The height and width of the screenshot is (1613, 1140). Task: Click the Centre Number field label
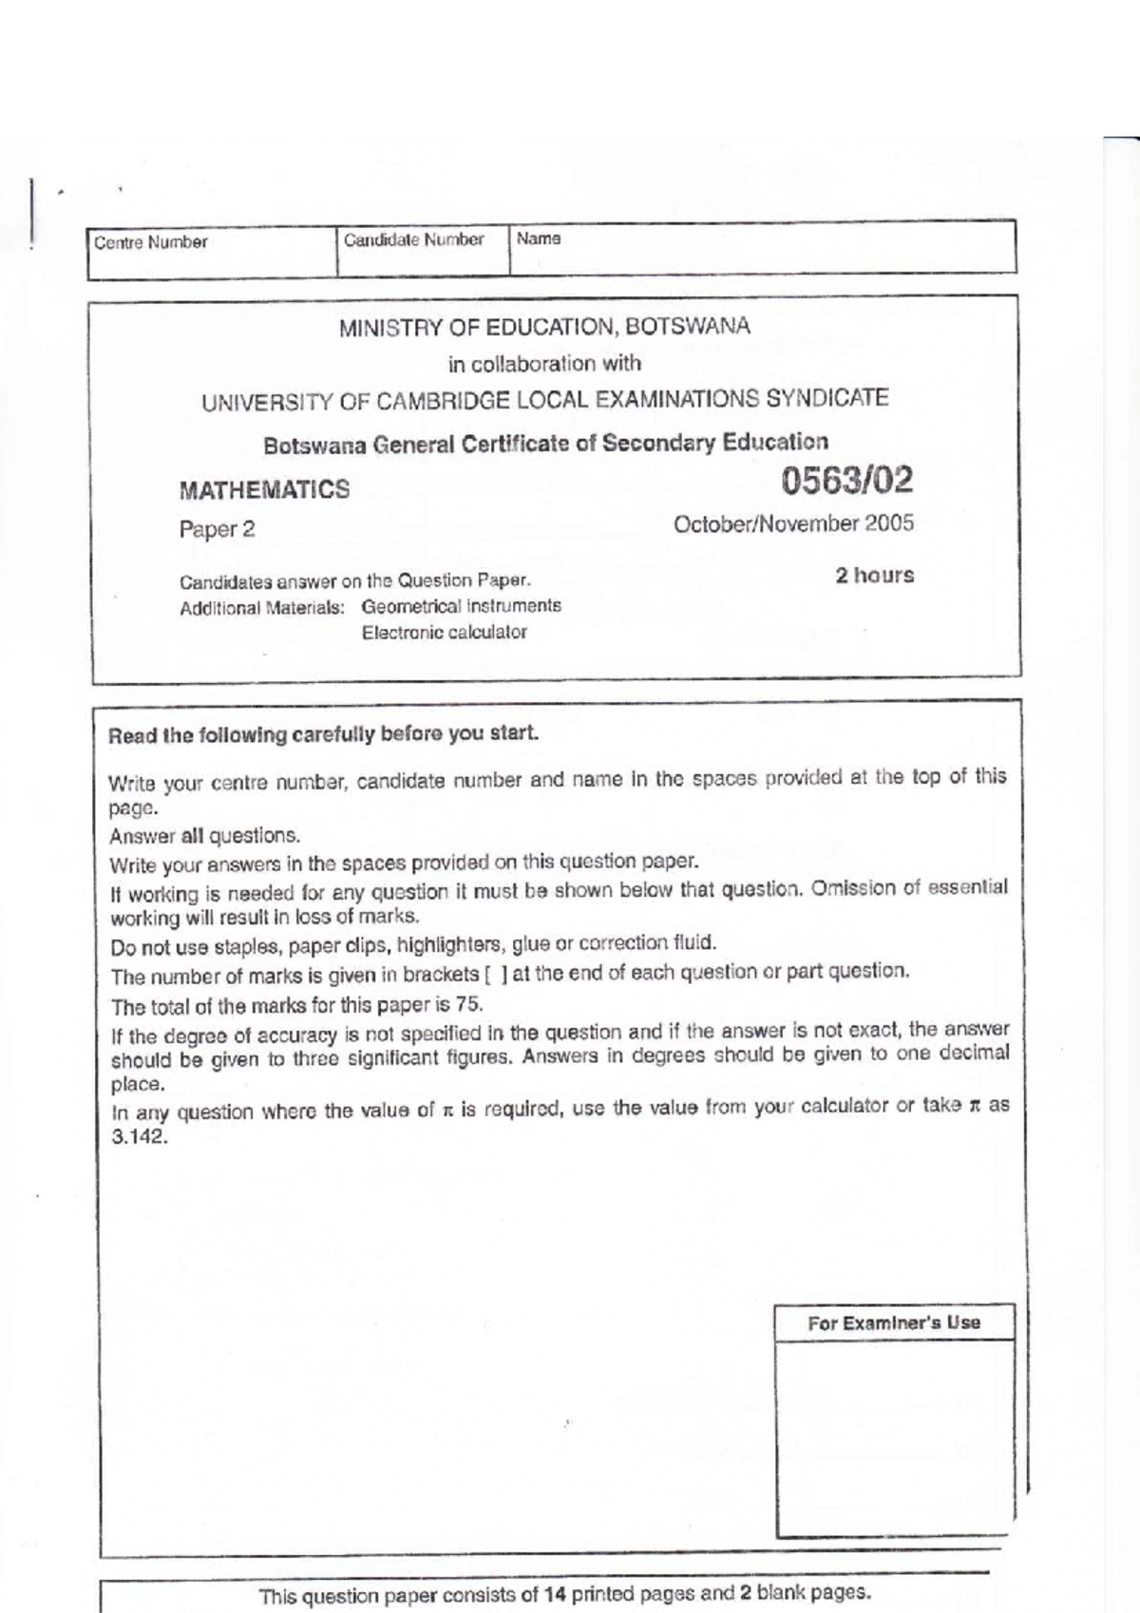click(x=150, y=242)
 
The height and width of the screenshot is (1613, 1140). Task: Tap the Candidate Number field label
click(x=413, y=239)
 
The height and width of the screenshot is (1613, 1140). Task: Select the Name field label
click(x=538, y=238)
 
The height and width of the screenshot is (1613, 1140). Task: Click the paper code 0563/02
click(x=846, y=481)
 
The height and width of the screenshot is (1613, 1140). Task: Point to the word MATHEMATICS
click(x=264, y=490)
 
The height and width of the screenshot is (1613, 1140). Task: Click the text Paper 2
click(x=217, y=529)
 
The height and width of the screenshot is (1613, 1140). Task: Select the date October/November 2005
click(x=793, y=523)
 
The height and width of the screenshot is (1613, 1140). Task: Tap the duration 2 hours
click(x=874, y=576)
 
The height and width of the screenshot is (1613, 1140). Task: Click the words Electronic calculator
click(x=444, y=633)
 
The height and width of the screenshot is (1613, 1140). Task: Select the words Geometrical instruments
click(x=461, y=606)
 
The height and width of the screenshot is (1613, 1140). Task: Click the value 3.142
click(x=140, y=1138)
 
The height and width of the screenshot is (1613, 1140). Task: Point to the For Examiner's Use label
click(x=894, y=1322)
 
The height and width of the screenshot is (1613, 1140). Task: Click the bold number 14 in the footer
click(x=554, y=1595)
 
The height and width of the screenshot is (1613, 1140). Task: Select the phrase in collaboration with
click(x=544, y=364)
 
